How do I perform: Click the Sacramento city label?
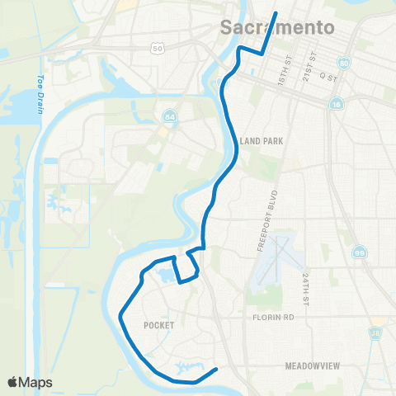278,28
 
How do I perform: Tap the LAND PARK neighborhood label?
261,141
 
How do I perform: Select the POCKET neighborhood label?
158,324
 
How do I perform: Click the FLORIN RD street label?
274,316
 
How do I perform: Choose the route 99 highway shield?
359,252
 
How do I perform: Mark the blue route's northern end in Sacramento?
276,12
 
